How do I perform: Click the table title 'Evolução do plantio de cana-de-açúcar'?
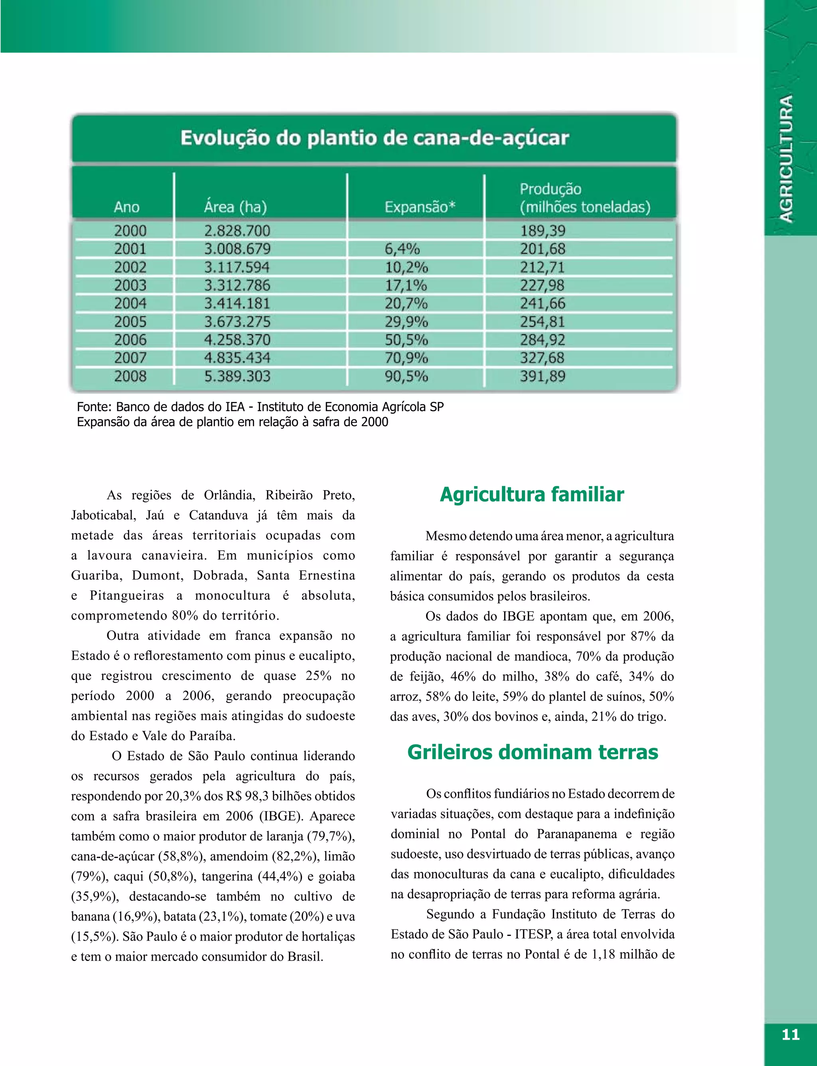pos(375,138)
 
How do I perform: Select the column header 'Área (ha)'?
pos(235,207)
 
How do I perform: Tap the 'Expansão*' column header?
pos(420,207)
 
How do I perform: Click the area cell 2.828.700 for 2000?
pos(237,231)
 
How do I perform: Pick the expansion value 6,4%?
pos(402,249)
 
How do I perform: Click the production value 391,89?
pos(543,376)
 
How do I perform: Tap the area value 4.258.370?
pos(237,340)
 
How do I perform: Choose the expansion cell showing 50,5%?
pos(406,340)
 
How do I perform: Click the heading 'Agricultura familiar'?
pos(531,494)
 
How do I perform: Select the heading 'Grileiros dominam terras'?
pos(533,752)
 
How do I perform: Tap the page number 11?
pos(790,1034)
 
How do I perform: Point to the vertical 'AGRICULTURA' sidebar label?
pos(786,158)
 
